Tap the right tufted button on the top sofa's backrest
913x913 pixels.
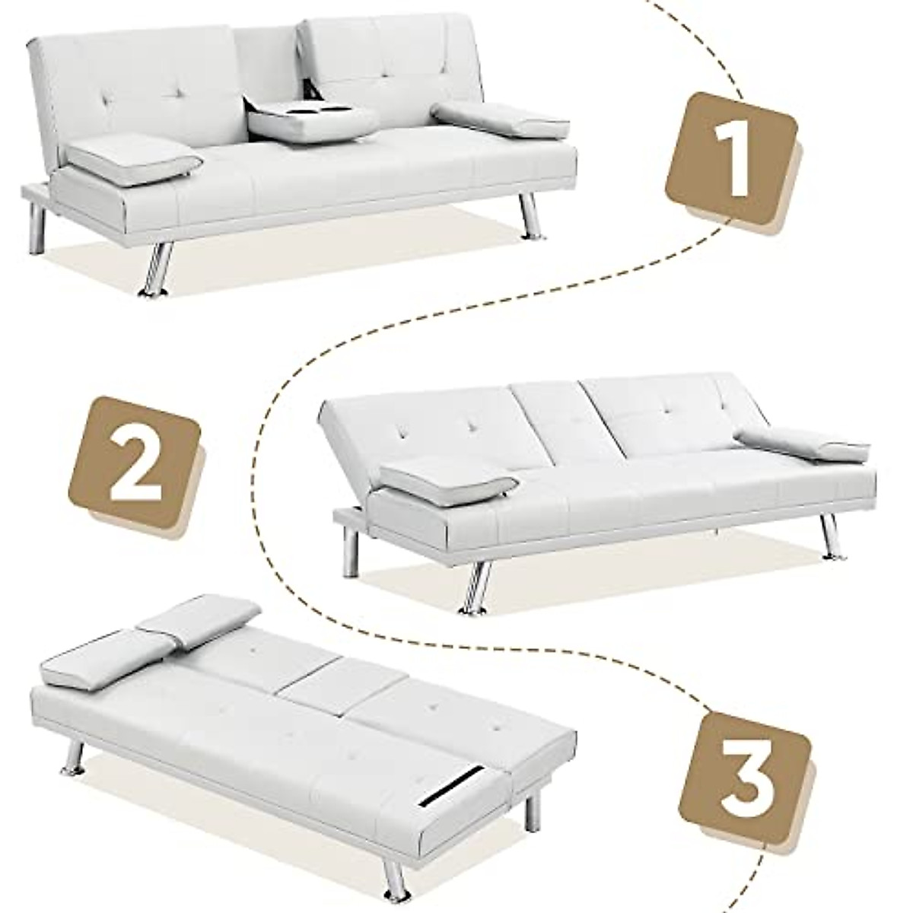tap(399, 73)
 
